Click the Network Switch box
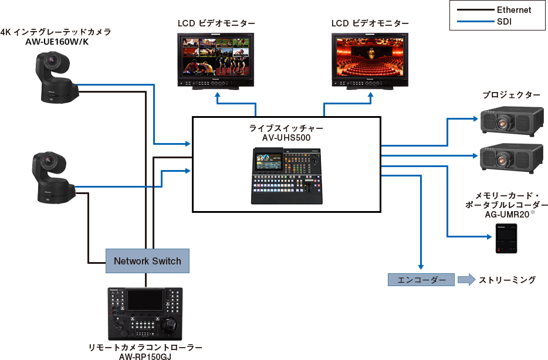(x=147, y=260)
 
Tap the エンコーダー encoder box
(x=421, y=280)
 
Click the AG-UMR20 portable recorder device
(x=506, y=240)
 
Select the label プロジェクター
(x=511, y=94)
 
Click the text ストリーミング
(x=507, y=280)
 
